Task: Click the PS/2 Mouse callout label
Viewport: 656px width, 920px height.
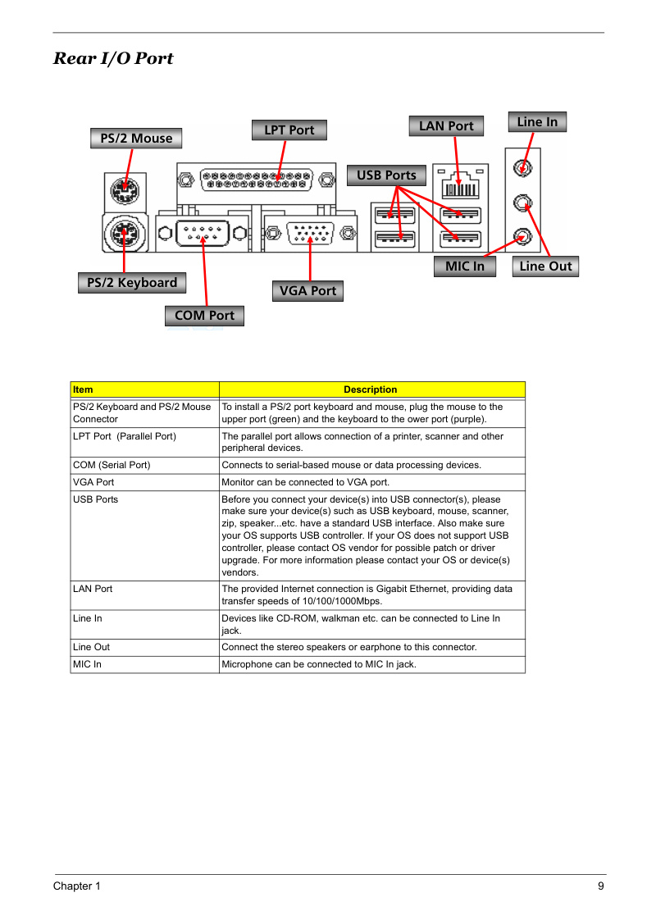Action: click(136, 139)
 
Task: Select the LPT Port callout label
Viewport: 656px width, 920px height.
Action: click(289, 130)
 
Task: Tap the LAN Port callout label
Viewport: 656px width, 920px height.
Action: click(447, 126)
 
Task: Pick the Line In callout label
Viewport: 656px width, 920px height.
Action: click(537, 122)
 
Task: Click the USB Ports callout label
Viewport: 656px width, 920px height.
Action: click(387, 175)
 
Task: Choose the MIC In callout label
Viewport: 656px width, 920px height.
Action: click(465, 266)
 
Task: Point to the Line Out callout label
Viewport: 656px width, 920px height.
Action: click(545, 266)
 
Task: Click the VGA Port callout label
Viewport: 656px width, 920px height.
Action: click(308, 291)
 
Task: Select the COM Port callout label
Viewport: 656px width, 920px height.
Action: click(205, 316)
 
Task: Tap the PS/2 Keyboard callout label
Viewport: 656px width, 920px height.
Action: click(132, 283)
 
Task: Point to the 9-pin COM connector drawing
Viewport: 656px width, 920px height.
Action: click(203, 234)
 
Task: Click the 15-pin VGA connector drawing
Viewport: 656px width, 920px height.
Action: click(310, 234)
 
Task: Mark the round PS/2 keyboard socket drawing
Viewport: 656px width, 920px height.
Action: click(125, 234)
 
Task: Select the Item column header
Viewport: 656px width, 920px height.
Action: click(145, 390)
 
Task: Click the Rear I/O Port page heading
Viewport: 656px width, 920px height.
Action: click(113, 58)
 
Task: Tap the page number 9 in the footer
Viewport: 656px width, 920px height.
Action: click(601, 886)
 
